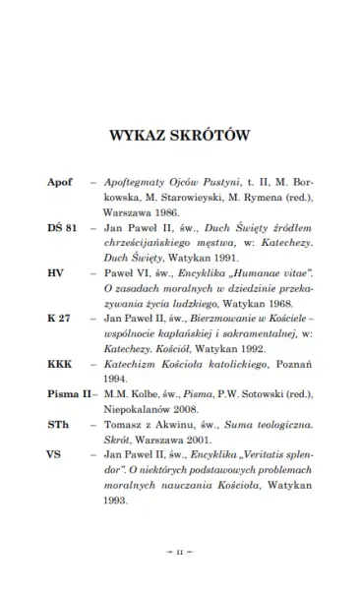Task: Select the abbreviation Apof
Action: (61, 183)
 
